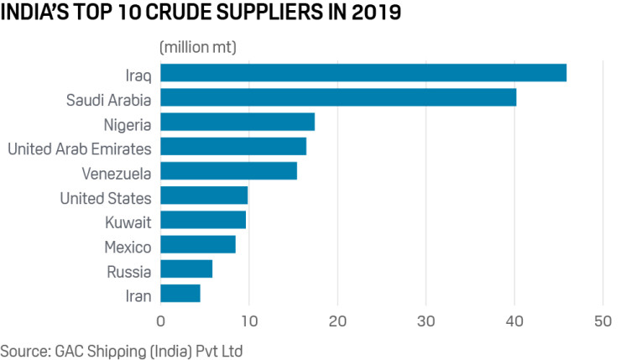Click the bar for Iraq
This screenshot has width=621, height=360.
[x=363, y=73]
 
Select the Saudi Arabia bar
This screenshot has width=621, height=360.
[x=337, y=97]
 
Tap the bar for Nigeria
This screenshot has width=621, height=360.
[x=237, y=123]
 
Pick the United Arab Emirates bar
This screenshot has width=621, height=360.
[x=232, y=147]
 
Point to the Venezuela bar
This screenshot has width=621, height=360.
[x=228, y=171]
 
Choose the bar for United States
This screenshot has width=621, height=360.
[x=203, y=196]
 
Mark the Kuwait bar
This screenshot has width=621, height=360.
[x=202, y=220]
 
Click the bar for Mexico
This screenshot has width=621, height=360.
[x=197, y=244]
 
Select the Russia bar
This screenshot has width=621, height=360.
[x=185, y=269]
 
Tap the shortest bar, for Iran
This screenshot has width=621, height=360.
[x=180, y=293]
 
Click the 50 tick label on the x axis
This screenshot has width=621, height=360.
[x=603, y=320]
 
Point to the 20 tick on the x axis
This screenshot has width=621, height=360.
[x=337, y=320]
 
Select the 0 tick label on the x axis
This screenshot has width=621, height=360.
[x=160, y=320]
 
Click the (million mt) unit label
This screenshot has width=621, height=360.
[x=197, y=47]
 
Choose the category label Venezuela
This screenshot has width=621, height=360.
[x=117, y=174]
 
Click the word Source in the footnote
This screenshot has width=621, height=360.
[x=23, y=347]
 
